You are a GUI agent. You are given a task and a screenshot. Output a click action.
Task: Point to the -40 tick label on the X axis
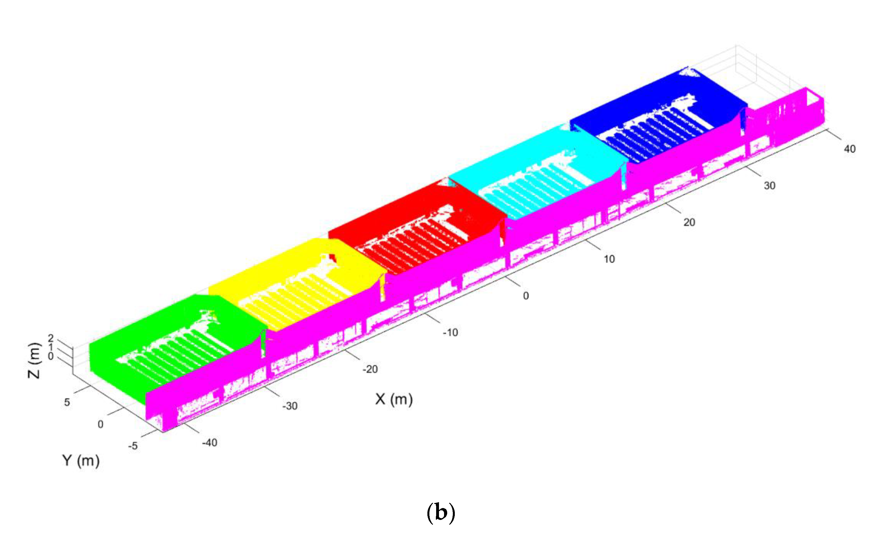[x=210, y=443]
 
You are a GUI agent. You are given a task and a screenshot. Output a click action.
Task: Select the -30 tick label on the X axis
[x=290, y=406]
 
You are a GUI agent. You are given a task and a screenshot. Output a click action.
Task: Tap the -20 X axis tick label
[x=370, y=369]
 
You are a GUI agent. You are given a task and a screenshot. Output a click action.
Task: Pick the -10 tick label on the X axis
[x=450, y=332]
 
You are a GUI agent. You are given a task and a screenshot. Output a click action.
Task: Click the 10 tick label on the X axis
[x=609, y=259]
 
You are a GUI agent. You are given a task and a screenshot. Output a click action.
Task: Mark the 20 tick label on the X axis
[x=689, y=222]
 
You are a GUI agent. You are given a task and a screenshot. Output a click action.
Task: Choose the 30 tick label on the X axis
[x=769, y=186]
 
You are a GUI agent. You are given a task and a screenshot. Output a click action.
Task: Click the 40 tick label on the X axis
[x=849, y=149]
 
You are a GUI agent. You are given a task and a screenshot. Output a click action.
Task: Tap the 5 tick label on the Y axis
[x=67, y=402]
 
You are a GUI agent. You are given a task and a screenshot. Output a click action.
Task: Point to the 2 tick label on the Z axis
[x=51, y=338]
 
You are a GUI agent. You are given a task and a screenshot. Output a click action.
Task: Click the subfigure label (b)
[x=441, y=513]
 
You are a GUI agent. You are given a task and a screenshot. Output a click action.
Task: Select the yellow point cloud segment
[x=271, y=270]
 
